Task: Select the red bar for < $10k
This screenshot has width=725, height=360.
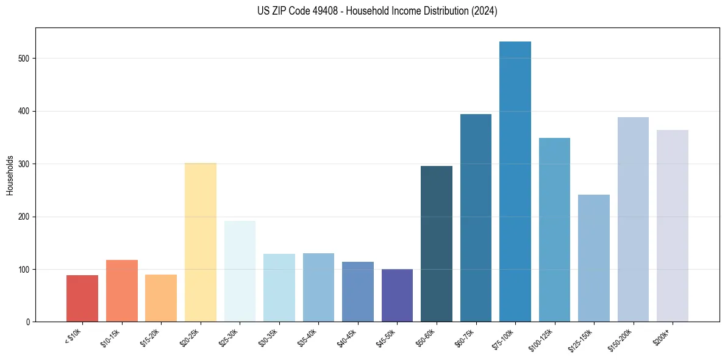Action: tap(82, 298)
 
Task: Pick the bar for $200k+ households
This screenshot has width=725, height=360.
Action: tap(672, 226)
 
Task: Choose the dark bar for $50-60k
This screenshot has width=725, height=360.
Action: tap(436, 244)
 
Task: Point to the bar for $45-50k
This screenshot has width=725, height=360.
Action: tap(397, 295)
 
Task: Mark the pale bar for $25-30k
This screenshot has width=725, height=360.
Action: tap(240, 271)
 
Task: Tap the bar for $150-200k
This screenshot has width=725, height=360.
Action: tap(633, 220)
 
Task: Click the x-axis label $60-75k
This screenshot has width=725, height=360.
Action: tap(463, 337)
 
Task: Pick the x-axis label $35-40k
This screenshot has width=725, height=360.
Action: tap(306, 337)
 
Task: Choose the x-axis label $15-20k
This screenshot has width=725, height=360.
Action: tap(149, 337)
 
